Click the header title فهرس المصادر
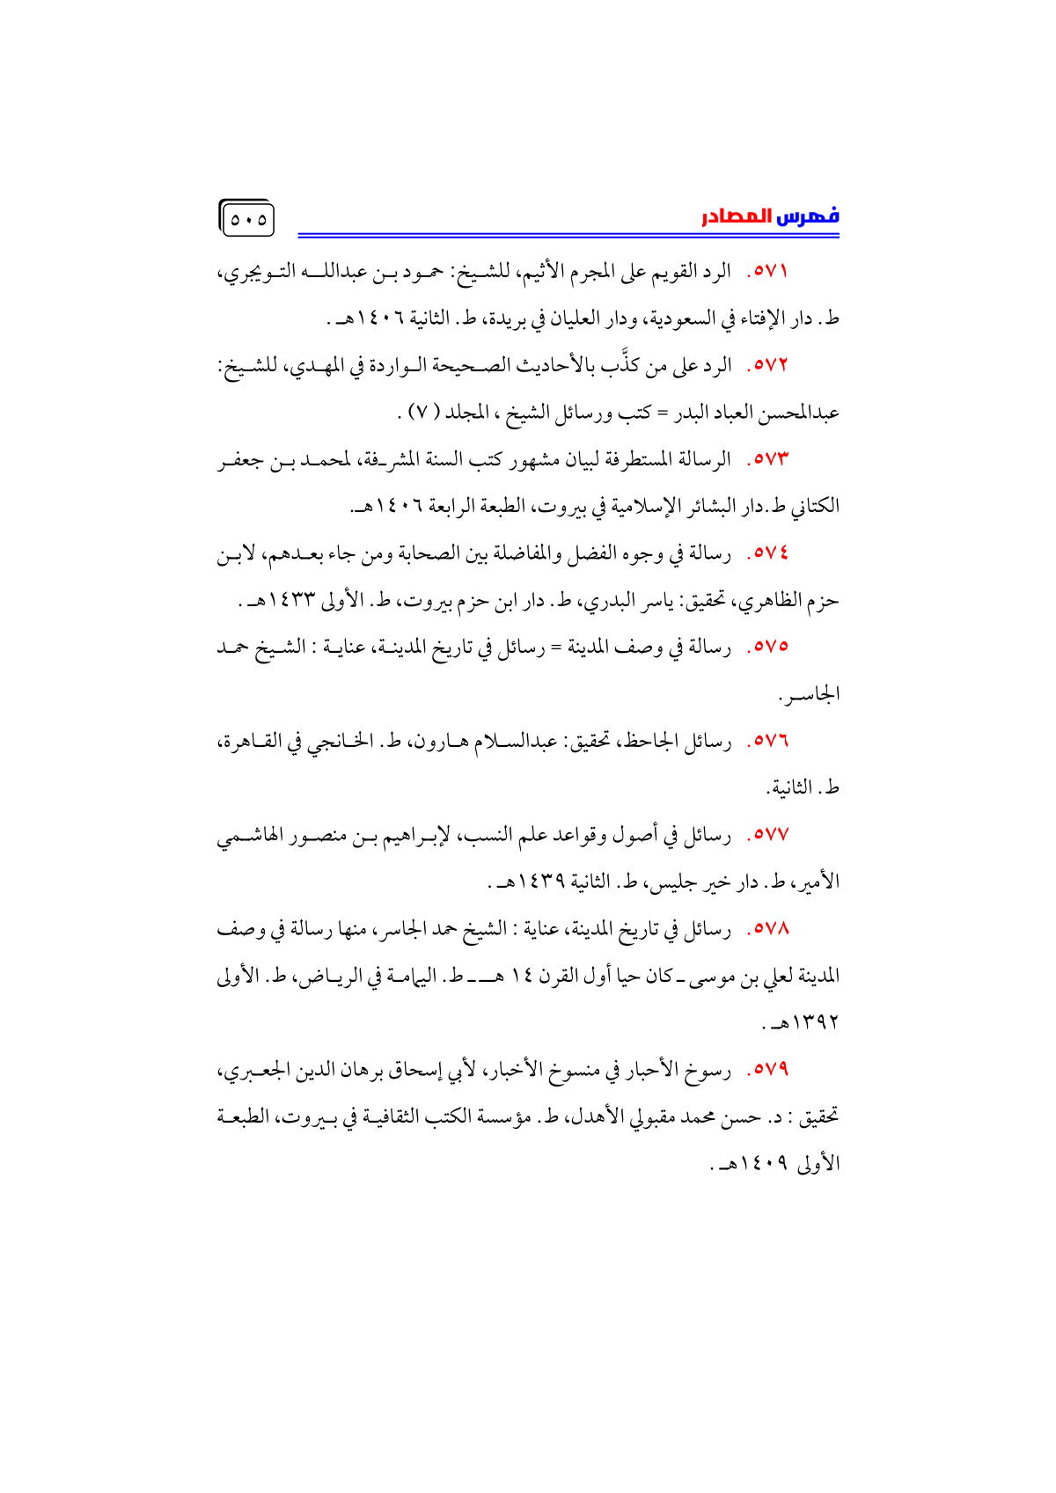pos(770,216)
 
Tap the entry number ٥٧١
pos(767,271)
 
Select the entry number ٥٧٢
pos(767,365)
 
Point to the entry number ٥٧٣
pos(767,459)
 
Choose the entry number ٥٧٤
pos(767,553)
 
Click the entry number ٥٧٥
pos(767,648)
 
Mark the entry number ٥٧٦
pos(767,742)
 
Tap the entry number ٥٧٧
pos(767,835)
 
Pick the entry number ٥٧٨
pos(767,929)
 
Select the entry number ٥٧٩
pos(767,1071)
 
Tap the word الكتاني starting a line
pos(814,507)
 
